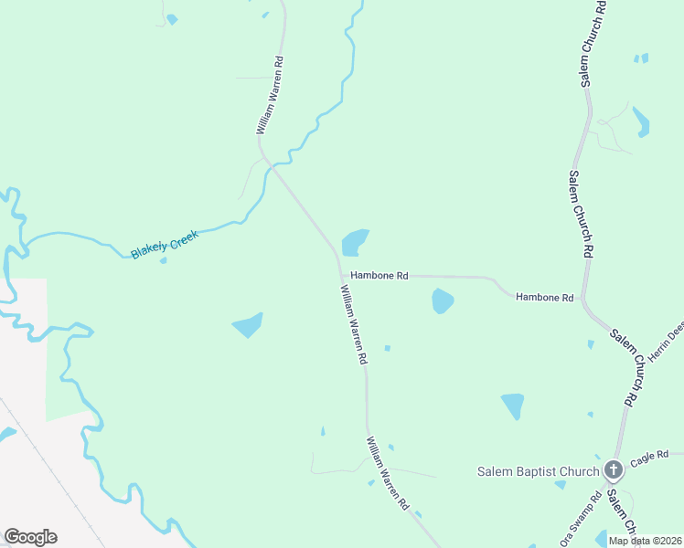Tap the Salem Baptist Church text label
[x=539, y=471]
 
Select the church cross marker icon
[x=614, y=471]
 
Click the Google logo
[x=30, y=537]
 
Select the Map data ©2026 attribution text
[x=644, y=541]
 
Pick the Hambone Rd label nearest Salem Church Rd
[x=544, y=297]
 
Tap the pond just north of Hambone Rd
[x=354, y=242]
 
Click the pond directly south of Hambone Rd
[x=443, y=300]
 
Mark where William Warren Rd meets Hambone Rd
[x=340, y=273]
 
